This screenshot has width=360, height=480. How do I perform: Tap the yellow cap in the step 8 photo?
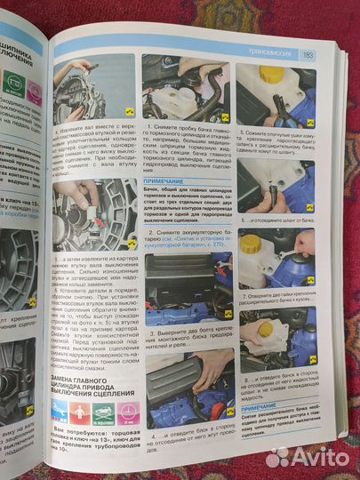(265, 330)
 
